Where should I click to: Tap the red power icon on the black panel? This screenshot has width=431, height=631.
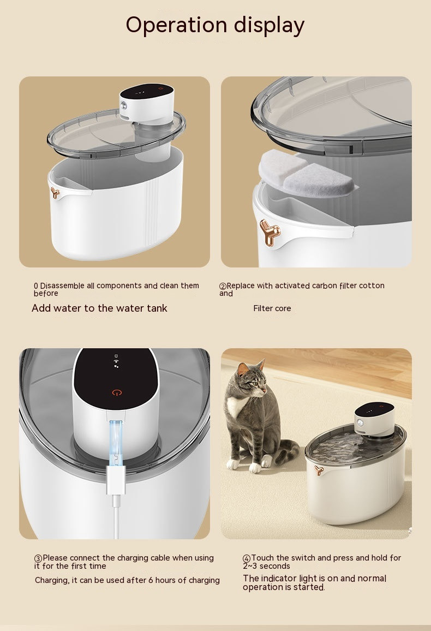point(117,392)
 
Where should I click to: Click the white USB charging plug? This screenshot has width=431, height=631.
point(116,480)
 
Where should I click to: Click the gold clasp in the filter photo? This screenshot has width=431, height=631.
point(270,232)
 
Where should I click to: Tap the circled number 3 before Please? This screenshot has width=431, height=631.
point(38,558)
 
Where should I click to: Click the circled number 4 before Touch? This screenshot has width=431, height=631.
point(247,558)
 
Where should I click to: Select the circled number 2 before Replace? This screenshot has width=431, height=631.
point(223,286)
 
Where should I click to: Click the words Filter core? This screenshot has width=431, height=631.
point(272,308)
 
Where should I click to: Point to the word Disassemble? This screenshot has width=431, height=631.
point(62,285)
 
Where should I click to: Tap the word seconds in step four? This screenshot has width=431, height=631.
point(274,566)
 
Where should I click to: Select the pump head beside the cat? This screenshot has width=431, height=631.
point(374,419)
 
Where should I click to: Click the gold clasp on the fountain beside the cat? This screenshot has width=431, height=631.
point(319,470)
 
